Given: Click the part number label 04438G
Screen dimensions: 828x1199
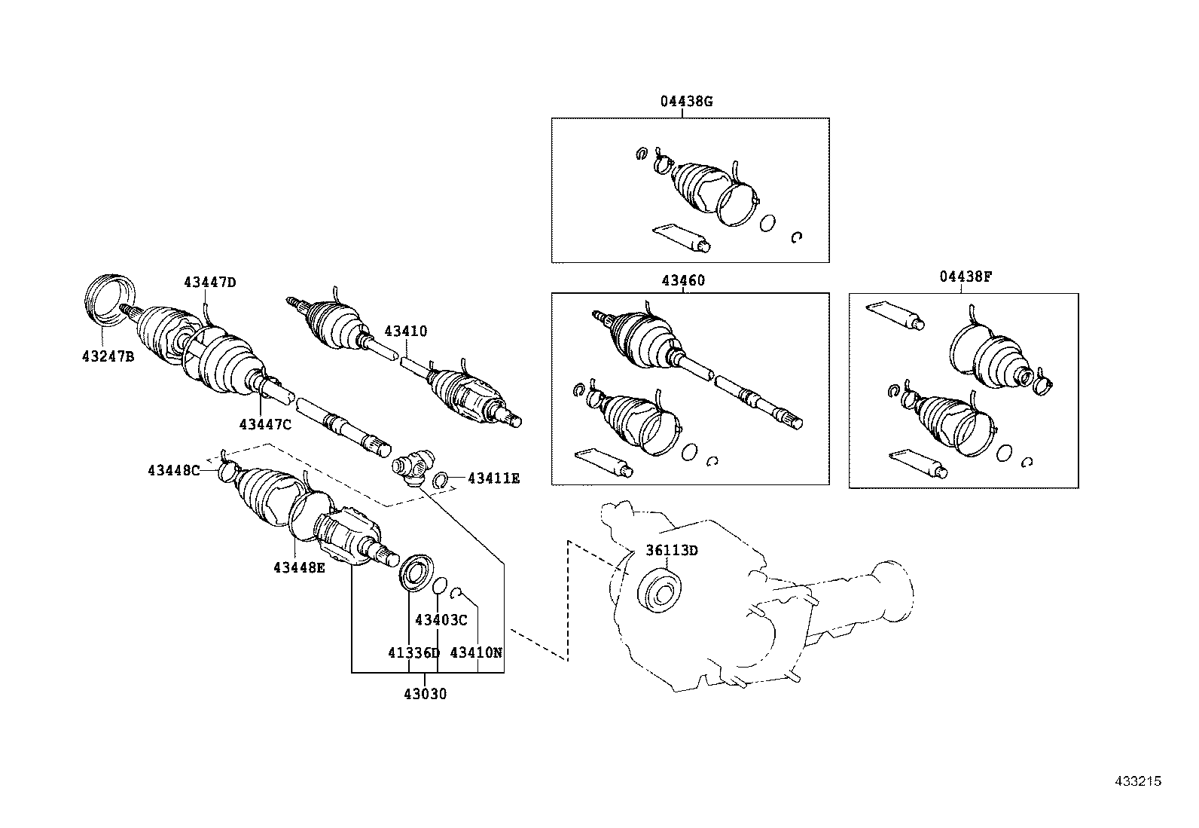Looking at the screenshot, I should tap(686, 101).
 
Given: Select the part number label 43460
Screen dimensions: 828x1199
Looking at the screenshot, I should tap(683, 281).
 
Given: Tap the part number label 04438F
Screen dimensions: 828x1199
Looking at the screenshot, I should tap(966, 277).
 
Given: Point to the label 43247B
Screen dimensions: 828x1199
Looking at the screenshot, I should tap(108, 356).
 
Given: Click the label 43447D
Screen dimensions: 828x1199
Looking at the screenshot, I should tap(209, 283).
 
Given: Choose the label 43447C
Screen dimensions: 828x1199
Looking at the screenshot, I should tap(265, 424).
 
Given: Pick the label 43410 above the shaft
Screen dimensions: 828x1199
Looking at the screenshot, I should tap(405, 331).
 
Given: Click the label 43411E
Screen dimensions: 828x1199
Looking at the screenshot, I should tap(493, 478).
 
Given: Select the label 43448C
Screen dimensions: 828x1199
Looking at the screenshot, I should tap(173, 471).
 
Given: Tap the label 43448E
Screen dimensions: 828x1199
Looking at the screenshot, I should tap(299, 567).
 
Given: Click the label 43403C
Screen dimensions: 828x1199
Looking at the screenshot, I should tap(441, 620).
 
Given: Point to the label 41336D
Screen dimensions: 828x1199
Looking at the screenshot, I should tap(413, 652).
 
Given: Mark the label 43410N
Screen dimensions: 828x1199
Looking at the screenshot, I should tap(476, 652).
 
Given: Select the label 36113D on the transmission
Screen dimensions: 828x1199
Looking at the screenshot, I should tap(672, 550).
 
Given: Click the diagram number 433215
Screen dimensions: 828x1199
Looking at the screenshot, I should tap(1138, 781).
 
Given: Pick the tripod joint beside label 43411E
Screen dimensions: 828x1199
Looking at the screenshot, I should tap(413, 466).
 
